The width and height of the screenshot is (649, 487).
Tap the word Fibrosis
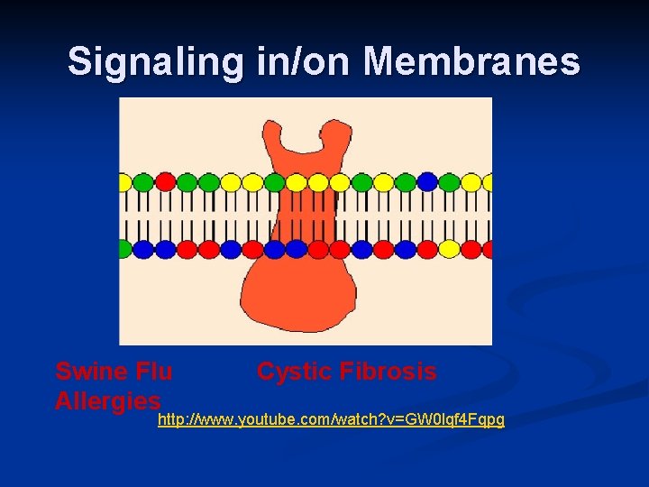pyautogui.click(x=392, y=371)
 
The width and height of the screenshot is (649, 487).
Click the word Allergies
pyautogui.click(x=108, y=400)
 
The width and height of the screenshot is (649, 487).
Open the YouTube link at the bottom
pyautogui.click(x=331, y=420)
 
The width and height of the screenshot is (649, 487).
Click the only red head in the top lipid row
pyautogui.click(x=165, y=182)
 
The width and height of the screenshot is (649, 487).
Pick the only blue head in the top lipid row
pyautogui.click(x=427, y=182)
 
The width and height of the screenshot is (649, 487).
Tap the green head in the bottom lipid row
pyautogui.click(x=123, y=248)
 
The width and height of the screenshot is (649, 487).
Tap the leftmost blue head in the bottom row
pyautogui.click(x=144, y=248)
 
